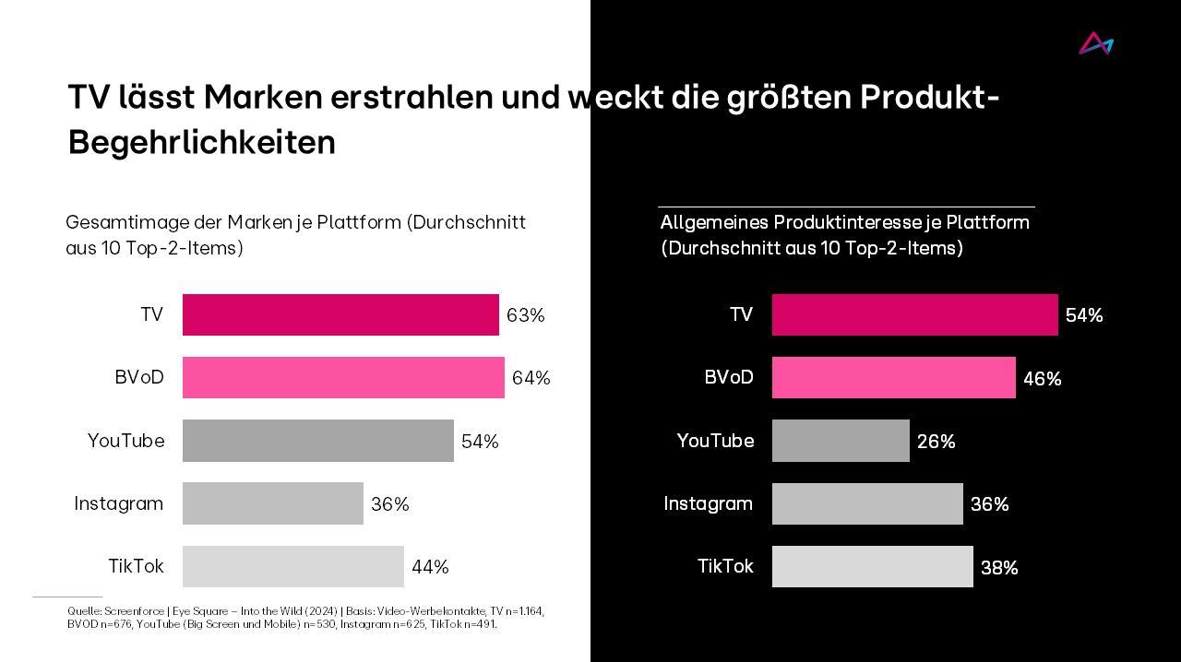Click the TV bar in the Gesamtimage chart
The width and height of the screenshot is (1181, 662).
(x=340, y=314)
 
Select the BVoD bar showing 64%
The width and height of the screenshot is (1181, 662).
(x=343, y=377)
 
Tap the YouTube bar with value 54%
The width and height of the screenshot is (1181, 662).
(x=318, y=441)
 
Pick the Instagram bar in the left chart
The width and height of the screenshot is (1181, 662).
(x=273, y=503)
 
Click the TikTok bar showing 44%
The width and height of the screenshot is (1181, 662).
(x=293, y=566)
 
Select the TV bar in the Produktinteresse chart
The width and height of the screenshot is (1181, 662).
(x=914, y=314)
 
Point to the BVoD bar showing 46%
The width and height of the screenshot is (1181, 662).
(x=893, y=377)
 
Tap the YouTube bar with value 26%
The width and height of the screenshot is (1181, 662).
(x=841, y=441)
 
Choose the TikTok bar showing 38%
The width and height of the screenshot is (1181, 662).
(x=872, y=566)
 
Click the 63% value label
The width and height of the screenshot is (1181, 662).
(x=526, y=315)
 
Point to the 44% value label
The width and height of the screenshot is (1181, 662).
(x=430, y=567)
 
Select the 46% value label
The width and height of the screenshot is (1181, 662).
(x=1043, y=379)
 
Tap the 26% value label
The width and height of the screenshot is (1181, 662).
(x=936, y=442)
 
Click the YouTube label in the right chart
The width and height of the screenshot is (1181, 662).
(x=715, y=441)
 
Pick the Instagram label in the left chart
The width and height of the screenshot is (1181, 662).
(x=119, y=503)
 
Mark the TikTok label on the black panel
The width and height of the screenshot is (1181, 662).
(x=725, y=566)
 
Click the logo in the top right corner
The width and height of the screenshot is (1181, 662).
(x=1096, y=43)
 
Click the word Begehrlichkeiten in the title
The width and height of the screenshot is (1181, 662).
(x=201, y=143)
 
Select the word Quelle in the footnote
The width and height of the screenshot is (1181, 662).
(x=83, y=610)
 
